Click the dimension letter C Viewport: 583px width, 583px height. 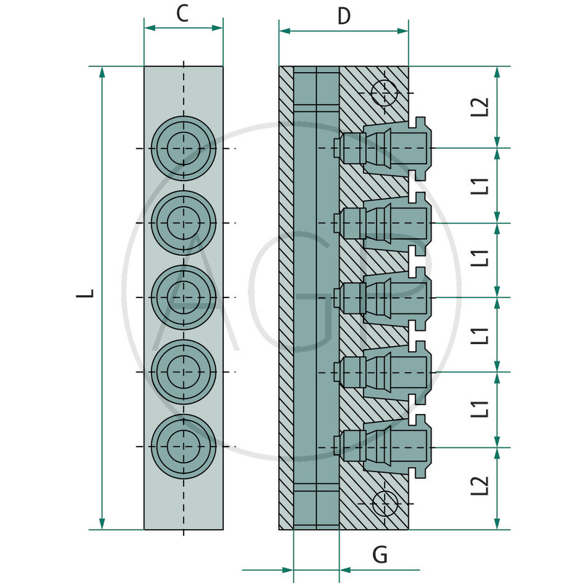pyautogui.click(x=183, y=13)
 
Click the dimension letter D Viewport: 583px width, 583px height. pyautogui.click(x=344, y=16)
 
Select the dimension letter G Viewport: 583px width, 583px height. pyautogui.click(x=380, y=555)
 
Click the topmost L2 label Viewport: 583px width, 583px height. pyautogui.click(x=480, y=107)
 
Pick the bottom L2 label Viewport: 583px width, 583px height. pyautogui.click(x=480, y=486)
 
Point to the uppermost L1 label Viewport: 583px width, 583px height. pyautogui.click(x=480, y=185)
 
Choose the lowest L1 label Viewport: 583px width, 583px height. pyautogui.click(x=480, y=409)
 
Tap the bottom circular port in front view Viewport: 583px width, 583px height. pyautogui.click(x=183, y=445)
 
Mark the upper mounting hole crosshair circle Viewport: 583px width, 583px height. pyautogui.click(x=383, y=93)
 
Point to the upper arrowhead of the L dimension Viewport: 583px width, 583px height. pyautogui.click(x=102, y=74)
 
